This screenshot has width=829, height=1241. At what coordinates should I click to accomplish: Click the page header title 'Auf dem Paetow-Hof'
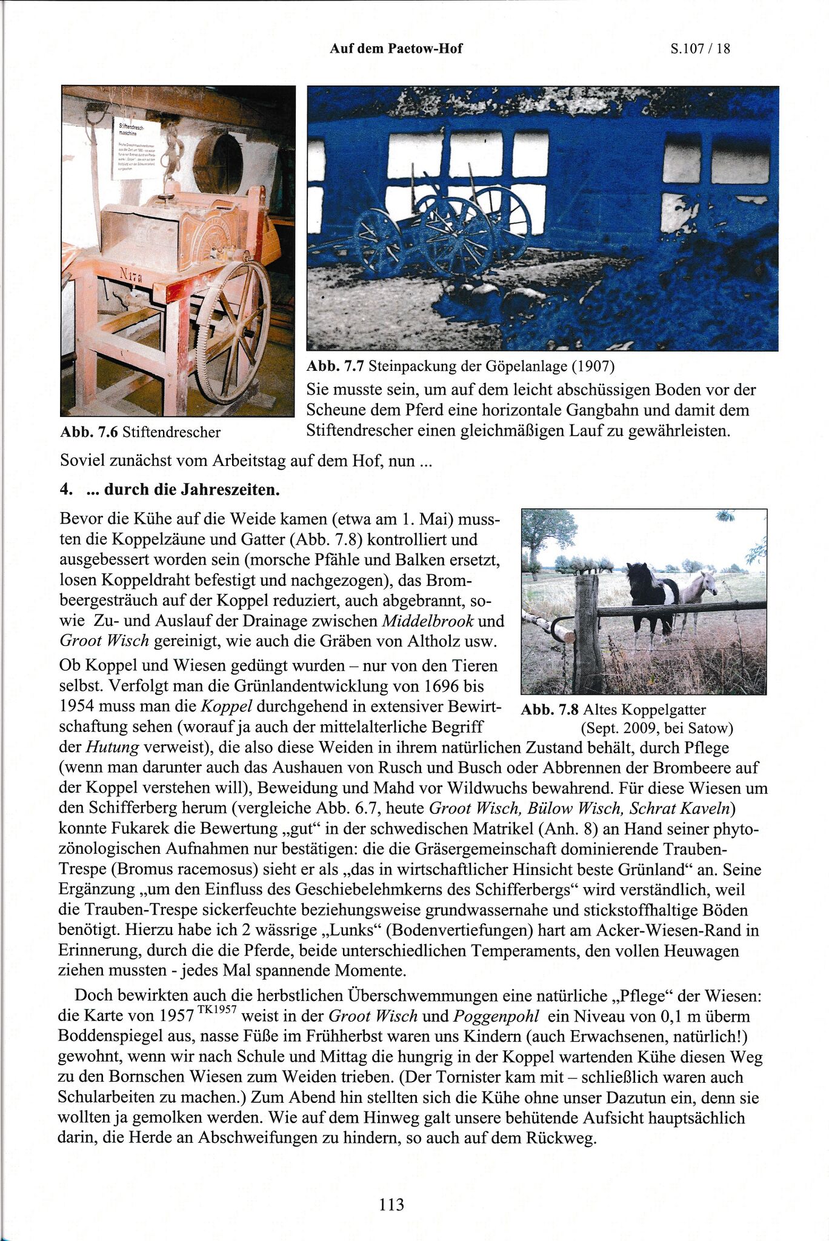click(396, 48)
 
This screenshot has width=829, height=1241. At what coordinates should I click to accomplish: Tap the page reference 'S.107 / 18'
click(700, 49)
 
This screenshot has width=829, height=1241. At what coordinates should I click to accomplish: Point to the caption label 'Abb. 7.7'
click(335, 366)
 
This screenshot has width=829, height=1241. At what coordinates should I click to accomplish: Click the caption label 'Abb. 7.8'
click(550, 710)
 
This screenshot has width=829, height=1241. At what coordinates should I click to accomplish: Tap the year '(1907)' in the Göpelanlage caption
click(593, 366)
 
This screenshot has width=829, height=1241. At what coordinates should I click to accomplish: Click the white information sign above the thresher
click(136, 148)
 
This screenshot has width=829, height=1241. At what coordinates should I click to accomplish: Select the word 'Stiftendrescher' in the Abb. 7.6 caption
click(171, 432)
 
